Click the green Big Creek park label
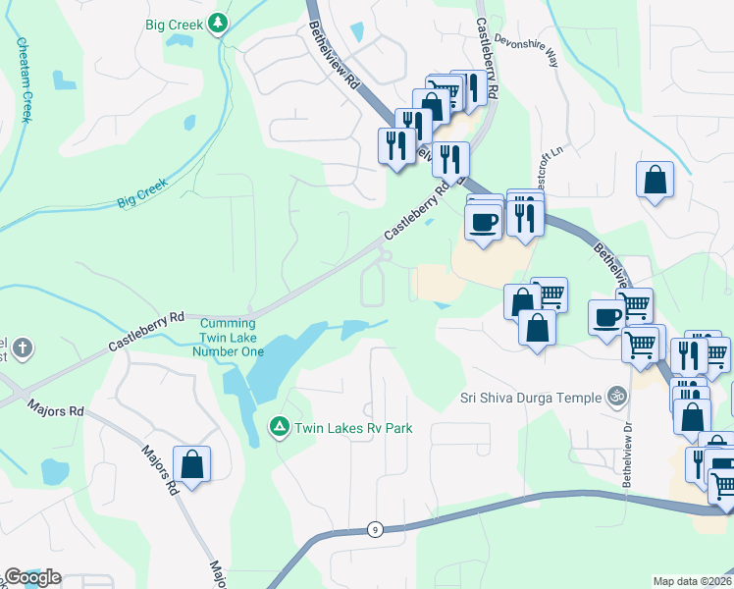pyautogui.click(x=175, y=24)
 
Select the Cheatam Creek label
pyautogui.click(x=23, y=81)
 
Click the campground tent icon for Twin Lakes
pyautogui.click(x=279, y=427)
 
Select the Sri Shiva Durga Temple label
pyautogui.click(x=530, y=398)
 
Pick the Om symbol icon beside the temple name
pyautogui.click(x=616, y=398)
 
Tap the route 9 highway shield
pyautogui.click(x=375, y=530)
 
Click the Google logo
pyautogui.click(x=31, y=577)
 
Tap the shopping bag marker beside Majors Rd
pyautogui.click(x=192, y=464)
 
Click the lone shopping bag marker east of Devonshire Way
pyautogui.click(x=655, y=181)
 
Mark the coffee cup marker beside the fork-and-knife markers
pyautogui.click(x=482, y=221)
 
